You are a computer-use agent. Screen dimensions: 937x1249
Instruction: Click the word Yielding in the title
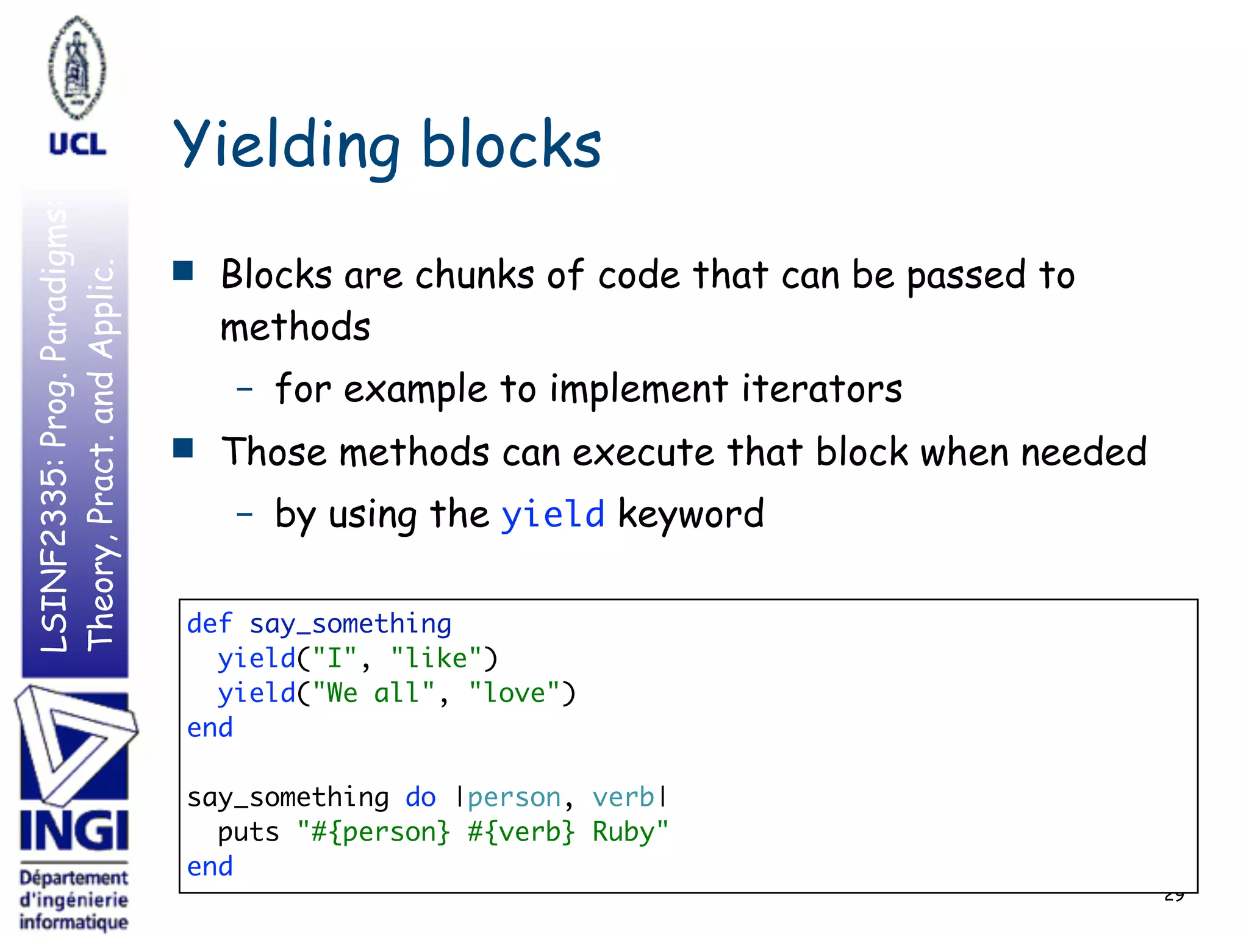click(x=287, y=146)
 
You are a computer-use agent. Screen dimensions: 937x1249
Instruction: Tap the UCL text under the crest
click(x=77, y=145)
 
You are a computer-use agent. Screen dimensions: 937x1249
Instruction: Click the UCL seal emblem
click(x=77, y=67)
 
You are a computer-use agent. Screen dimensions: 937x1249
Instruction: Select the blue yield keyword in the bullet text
click(x=553, y=514)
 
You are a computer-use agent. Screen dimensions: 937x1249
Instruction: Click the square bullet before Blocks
click(x=183, y=270)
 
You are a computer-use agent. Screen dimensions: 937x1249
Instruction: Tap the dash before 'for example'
click(x=245, y=389)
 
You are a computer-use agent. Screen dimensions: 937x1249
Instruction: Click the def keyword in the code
click(x=209, y=624)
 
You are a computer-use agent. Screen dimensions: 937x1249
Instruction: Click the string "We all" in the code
click(x=373, y=694)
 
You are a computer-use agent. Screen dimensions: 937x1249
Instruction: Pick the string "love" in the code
click(x=514, y=694)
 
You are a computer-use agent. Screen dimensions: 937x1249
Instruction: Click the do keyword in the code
click(x=421, y=797)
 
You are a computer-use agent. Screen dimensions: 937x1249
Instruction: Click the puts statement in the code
click(x=248, y=832)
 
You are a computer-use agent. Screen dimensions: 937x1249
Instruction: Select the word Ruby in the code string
click(x=623, y=832)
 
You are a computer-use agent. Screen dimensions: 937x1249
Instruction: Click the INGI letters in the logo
click(x=74, y=831)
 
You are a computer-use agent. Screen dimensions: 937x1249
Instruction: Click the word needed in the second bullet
click(x=1084, y=452)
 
